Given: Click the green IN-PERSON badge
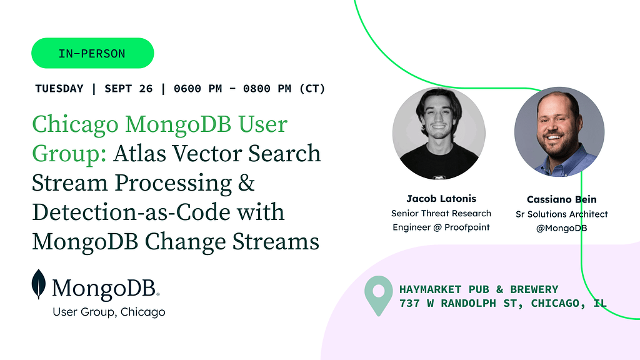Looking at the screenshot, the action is coord(92,53).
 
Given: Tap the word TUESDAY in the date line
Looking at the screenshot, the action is coord(59,89).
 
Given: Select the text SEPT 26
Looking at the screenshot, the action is coord(129,89).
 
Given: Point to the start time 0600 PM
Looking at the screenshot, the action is coord(198,89).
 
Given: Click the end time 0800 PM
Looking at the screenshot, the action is coord(267,89).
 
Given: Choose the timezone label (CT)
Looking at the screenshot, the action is coord(312,89).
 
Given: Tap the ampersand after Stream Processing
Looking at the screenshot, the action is coord(246,182).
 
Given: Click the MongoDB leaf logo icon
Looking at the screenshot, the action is coord(39,284).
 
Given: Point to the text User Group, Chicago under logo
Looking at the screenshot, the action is coord(109,312).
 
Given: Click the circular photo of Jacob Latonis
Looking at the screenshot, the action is coord(439,133).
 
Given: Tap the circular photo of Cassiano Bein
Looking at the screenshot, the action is coord(559,132).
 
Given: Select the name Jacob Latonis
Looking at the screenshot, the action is coord(441,199).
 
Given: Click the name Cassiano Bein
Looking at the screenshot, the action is coord(562,199).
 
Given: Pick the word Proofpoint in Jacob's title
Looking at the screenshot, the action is coord(467,227).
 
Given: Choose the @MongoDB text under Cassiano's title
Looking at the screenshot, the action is coord(562,228).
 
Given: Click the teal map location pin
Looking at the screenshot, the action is coord(378,296).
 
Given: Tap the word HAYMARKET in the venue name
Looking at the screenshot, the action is coord(430,289).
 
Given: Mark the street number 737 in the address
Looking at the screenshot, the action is coord(409,303).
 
